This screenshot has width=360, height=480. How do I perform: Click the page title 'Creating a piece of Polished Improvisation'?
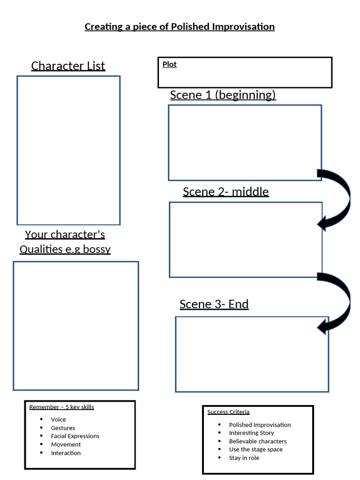180,27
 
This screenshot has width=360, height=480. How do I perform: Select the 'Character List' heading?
68,66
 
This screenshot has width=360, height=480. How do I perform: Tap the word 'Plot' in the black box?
169,65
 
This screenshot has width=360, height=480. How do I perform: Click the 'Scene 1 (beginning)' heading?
223,95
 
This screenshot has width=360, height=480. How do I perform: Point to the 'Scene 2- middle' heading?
225,192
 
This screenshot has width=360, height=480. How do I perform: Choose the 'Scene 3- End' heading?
214,304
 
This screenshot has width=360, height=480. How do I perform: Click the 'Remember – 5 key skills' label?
61,407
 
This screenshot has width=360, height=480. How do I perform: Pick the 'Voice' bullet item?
58,420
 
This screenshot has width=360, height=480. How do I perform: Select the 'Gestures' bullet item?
63,428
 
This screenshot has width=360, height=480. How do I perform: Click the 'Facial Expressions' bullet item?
75,436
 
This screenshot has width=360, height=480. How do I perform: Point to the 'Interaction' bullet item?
66,453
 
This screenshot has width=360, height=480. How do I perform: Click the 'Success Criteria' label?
228,412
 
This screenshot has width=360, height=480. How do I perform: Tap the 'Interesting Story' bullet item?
251,433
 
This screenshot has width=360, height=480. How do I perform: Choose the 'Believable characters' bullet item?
257,441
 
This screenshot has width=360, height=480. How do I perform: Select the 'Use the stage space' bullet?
255,450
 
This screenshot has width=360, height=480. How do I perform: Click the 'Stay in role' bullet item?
244,458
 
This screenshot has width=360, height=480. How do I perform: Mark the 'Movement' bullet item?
66,444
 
